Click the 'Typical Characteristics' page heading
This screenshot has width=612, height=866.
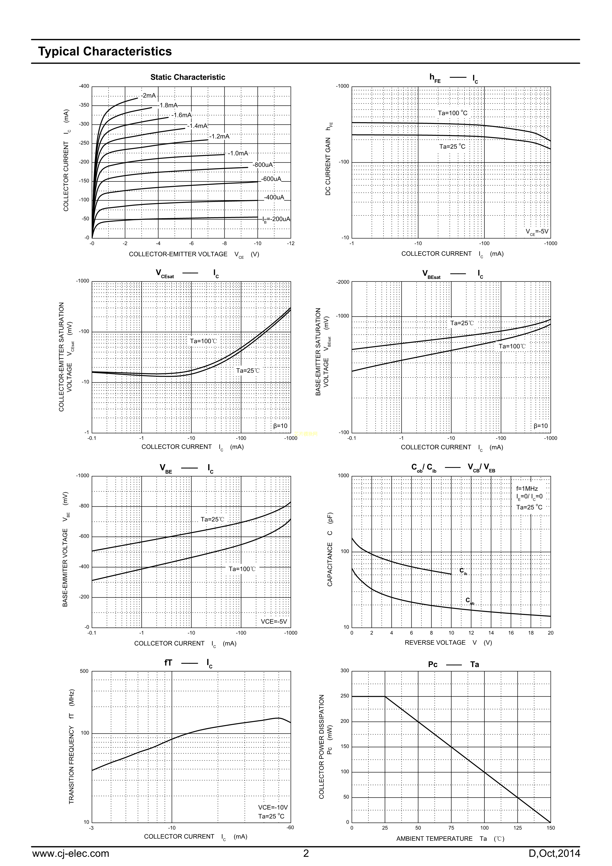tap(105, 52)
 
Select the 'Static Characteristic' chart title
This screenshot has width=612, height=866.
tap(188, 77)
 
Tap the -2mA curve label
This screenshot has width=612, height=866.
tap(148, 96)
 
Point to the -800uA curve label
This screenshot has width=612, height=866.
tap(263, 165)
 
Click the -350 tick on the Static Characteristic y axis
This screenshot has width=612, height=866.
tap(84, 105)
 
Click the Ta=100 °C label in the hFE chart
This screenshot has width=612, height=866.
tap(453, 113)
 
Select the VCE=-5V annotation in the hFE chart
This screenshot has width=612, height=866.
tap(537, 232)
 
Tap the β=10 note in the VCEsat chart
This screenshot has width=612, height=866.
tap(280, 426)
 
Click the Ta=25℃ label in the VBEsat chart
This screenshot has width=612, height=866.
tap(462, 323)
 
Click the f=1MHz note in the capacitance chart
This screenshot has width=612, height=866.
tap(527, 489)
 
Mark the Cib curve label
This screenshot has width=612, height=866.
tap(463, 571)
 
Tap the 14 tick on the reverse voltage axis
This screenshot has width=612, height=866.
tap(491, 633)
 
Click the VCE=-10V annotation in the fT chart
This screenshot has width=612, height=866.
tap(273, 807)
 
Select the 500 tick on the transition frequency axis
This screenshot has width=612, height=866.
tap(84, 671)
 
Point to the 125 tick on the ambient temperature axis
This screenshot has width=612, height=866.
tap(517, 828)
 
